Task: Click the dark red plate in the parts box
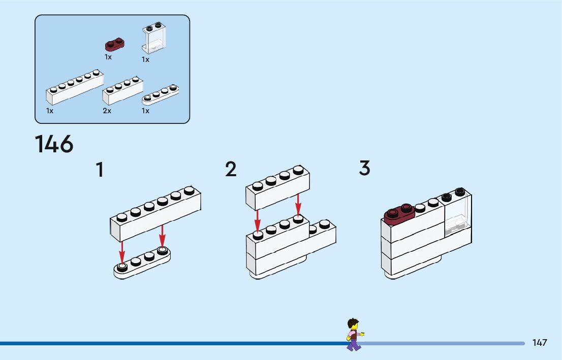tap(115, 45)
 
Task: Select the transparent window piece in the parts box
tap(154, 38)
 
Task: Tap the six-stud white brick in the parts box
tap(75, 87)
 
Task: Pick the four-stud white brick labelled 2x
tap(122, 90)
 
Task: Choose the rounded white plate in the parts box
tap(160, 94)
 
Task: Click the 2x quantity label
tap(107, 111)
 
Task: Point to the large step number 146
tap(54, 144)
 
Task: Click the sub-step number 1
tap(100, 170)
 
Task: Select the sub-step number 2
tap(231, 169)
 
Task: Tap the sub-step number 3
tap(364, 168)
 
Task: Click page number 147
tap(540, 343)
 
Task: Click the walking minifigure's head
tap(353, 324)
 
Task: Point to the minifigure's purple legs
tap(354, 345)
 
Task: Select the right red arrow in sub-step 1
tap(163, 236)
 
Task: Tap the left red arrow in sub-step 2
tap(257, 221)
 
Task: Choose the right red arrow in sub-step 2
tap(298, 205)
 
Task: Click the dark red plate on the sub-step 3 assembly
tap(399, 214)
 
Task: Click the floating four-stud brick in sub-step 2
tap(278, 187)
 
